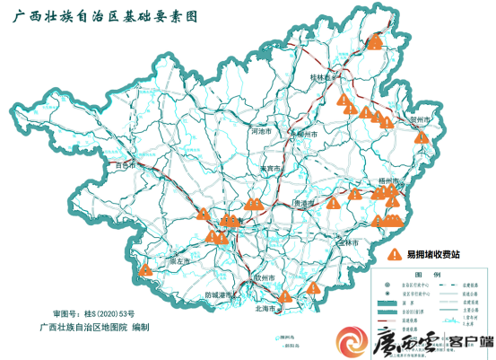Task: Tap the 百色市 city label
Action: click(x=124, y=166)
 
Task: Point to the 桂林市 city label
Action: click(x=321, y=78)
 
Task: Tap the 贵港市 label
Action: click(x=307, y=204)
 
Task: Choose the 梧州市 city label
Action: click(x=388, y=180)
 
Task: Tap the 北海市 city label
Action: click(x=267, y=308)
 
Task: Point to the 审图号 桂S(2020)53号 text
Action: click(x=93, y=312)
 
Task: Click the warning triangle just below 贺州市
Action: click(x=420, y=137)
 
